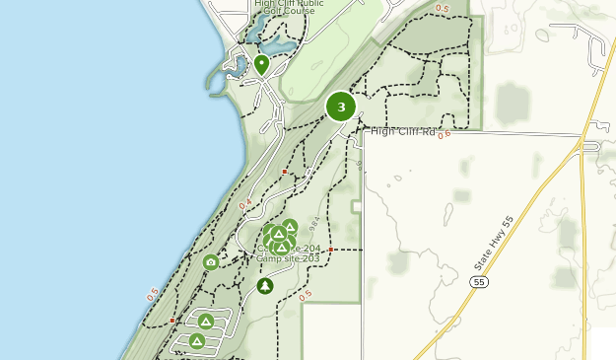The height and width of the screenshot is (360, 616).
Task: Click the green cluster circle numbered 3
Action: (341, 107)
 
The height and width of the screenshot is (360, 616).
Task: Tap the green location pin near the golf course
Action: (261, 65)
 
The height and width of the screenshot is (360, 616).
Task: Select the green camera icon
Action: (210, 262)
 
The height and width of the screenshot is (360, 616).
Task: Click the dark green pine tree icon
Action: (264, 286)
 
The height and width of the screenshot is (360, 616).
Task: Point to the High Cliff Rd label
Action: (402, 131)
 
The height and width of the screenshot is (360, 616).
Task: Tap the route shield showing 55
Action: (479, 282)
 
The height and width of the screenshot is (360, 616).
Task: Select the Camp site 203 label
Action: (289, 258)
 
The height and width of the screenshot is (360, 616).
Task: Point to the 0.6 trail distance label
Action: (444, 134)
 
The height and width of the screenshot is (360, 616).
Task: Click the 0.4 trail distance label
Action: (244, 204)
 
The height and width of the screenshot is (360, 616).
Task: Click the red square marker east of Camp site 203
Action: (331, 250)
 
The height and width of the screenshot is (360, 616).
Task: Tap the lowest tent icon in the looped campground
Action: (196, 341)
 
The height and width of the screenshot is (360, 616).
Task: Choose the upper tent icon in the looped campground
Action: (205, 322)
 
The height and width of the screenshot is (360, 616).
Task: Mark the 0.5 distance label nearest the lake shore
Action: (153, 294)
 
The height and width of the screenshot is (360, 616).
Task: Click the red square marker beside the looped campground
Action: (172, 321)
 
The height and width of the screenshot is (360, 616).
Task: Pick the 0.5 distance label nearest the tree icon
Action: (305, 295)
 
